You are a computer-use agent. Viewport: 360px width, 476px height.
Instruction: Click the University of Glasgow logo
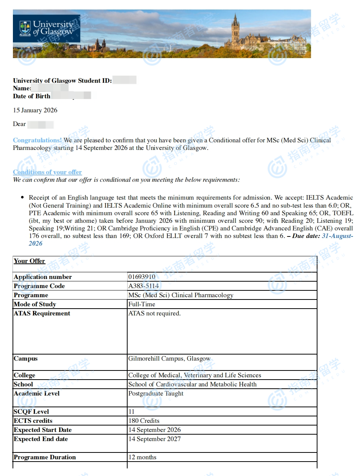pyautogui.click(x=46, y=28)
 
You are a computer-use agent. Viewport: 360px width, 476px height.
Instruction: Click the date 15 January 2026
pyautogui.click(x=35, y=110)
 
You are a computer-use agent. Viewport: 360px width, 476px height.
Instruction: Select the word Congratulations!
pyautogui.click(x=37, y=140)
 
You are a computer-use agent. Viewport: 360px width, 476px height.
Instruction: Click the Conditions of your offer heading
pyautogui.click(x=47, y=172)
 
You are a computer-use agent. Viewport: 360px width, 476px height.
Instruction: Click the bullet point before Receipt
pyautogui.click(x=22, y=198)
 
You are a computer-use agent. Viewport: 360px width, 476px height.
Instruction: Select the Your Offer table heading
pyautogui.click(x=29, y=261)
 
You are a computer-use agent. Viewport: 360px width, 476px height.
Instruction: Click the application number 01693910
pyautogui.click(x=142, y=277)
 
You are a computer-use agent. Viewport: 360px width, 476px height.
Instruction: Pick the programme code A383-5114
pyautogui.click(x=144, y=286)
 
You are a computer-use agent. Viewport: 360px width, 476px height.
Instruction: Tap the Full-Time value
pyautogui.click(x=142, y=304)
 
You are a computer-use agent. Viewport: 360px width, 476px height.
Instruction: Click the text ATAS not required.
pyautogui.click(x=155, y=314)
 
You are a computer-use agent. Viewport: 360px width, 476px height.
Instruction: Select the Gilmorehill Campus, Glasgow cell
pyautogui.click(x=169, y=359)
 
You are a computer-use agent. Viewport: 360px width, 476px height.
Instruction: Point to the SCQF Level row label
pyautogui.click(x=32, y=412)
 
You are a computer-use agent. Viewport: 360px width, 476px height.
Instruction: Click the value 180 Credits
pyautogui.click(x=144, y=421)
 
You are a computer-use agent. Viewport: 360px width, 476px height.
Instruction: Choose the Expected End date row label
pyautogui.click(x=41, y=439)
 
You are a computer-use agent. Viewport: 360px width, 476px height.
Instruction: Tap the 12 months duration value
pyautogui.click(x=142, y=457)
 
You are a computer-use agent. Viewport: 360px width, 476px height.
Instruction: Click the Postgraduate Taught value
pyautogui.click(x=156, y=394)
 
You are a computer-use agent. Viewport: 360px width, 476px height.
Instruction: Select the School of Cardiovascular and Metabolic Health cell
pyautogui.click(x=193, y=385)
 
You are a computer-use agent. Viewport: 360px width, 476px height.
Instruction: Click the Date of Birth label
pyautogui.click(x=32, y=96)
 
